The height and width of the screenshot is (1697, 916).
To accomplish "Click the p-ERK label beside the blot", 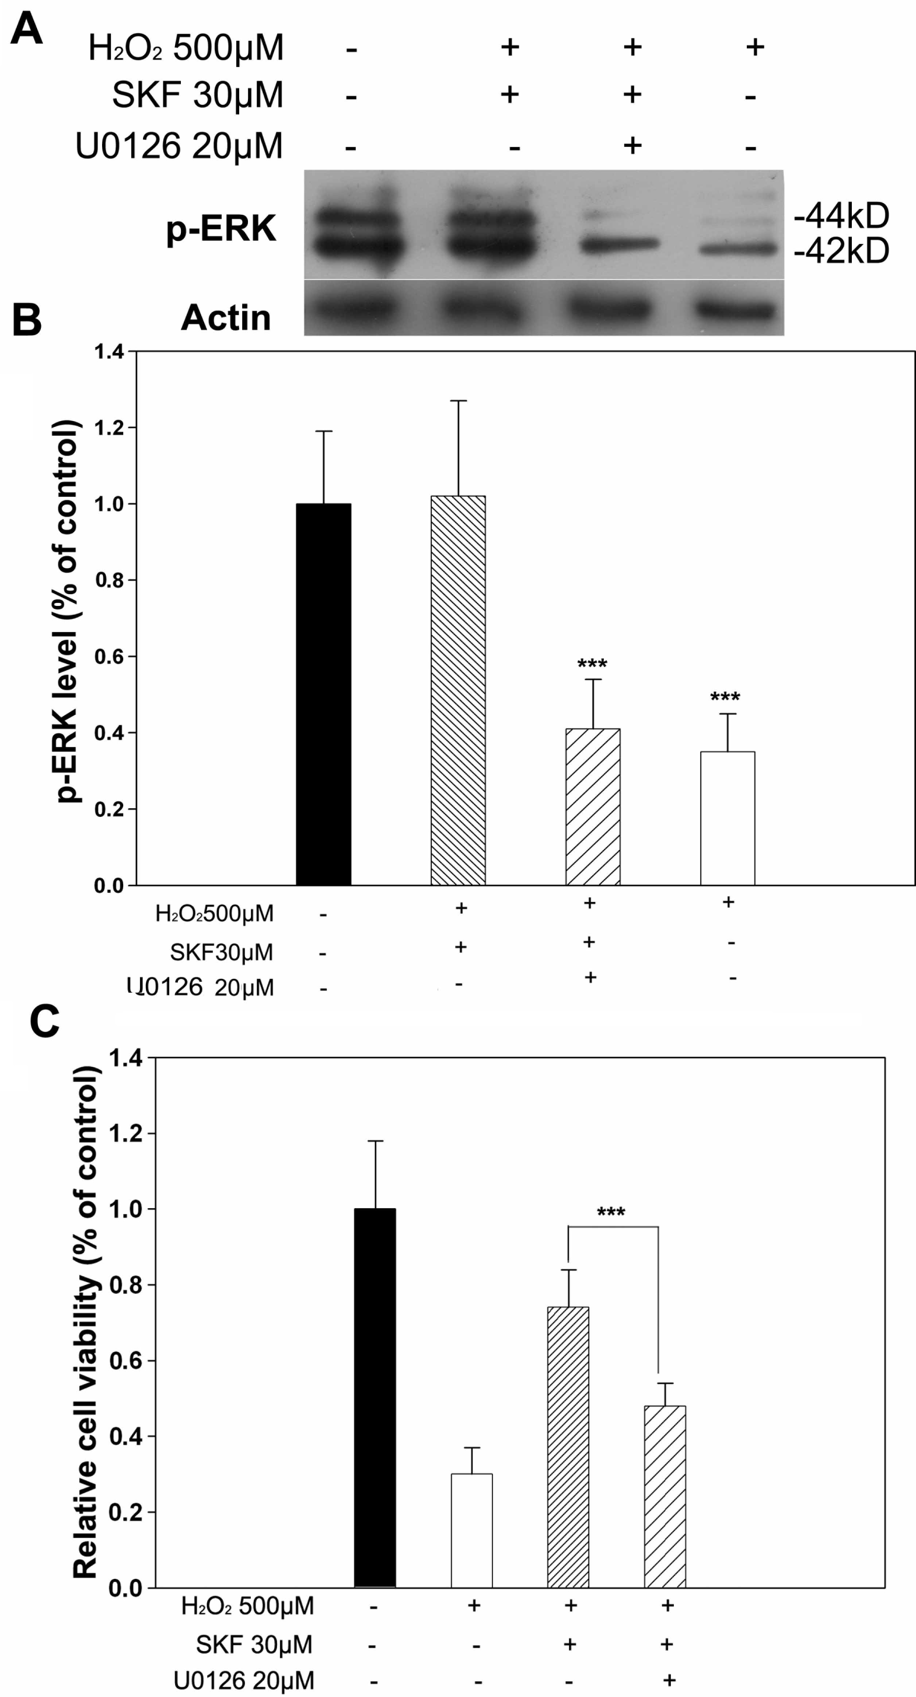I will point(221,229).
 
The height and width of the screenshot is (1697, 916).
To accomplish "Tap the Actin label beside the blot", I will point(225,318).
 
